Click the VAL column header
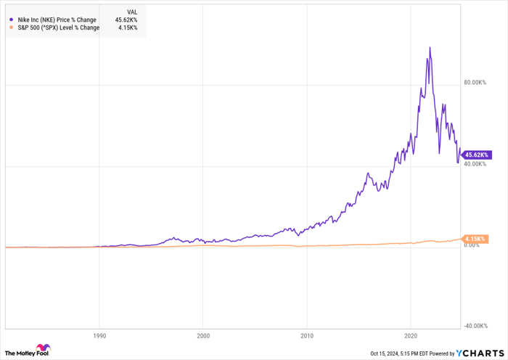tap(132, 12)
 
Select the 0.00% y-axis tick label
tap(473, 245)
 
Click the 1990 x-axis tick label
tap(100, 337)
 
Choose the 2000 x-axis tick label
tap(203, 337)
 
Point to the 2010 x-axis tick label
tap(307, 337)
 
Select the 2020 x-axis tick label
tap(411, 337)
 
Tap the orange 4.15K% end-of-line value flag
tap(475, 239)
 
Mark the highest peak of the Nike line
tap(430, 48)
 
